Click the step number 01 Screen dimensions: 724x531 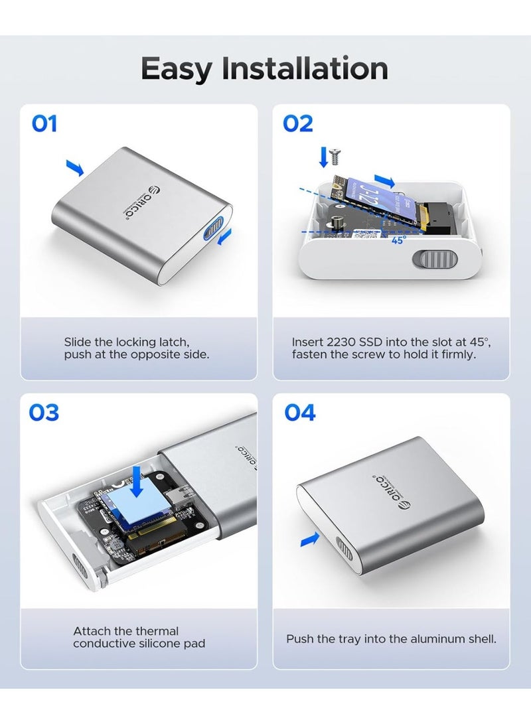(x=44, y=124)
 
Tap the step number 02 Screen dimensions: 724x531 (x=298, y=124)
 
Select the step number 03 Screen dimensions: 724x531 (x=44, y=413)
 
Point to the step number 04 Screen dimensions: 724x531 (x=300, y=413)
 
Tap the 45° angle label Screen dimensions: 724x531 (x=398, y=241)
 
